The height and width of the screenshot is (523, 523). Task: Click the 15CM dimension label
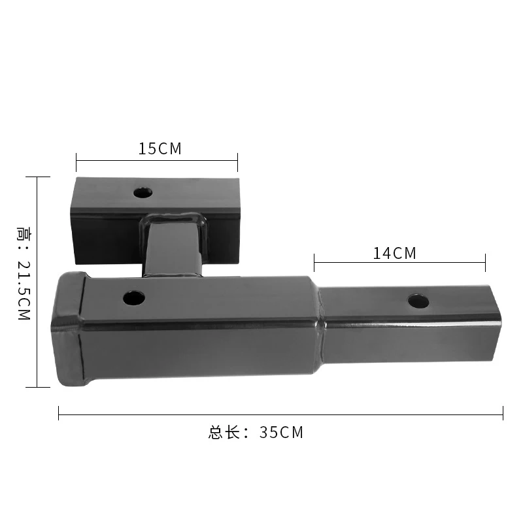tap(160, 149)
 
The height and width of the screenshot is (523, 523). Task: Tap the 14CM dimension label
tap(395, 253)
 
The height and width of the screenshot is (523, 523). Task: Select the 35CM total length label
tap(281, 432)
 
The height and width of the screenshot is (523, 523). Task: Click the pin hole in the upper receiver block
tap(143, 193)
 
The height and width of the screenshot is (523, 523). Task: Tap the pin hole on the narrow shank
tap(418, 301)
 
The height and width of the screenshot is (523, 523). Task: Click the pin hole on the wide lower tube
tap(134, 298)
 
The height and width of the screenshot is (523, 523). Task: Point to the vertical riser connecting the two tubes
tap(173, 246)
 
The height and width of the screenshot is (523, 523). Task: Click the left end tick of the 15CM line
tap(76, 162)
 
